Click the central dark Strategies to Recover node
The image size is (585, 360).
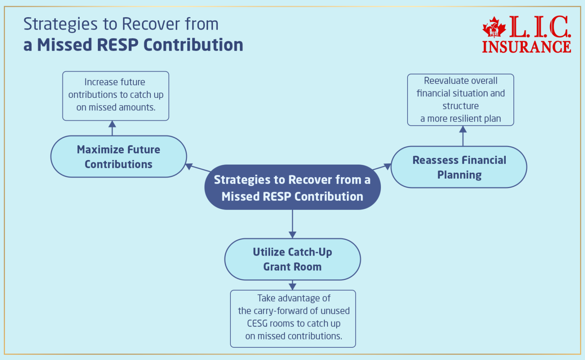point(292,187)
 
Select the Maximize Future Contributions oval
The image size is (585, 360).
point(118,157)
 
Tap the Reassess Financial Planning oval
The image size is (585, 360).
point(459,167)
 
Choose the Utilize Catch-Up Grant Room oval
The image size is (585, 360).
point(292,259)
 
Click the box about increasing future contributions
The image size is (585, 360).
point(115,96)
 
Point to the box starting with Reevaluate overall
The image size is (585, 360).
point(460,100)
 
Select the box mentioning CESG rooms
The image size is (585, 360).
point(293,318)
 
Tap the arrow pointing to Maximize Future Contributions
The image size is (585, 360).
point(198,168)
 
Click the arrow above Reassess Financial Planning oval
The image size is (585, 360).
point(463,136)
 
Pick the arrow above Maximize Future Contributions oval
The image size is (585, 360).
point(112,128)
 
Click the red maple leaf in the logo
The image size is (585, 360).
point(494,27)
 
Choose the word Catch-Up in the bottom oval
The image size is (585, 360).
point(310,252)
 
